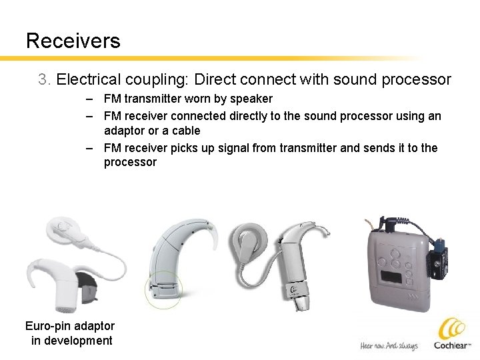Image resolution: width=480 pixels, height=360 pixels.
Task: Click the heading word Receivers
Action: click(x=73, y=41)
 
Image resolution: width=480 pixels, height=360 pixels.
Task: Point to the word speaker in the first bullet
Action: click(x=251, y=99)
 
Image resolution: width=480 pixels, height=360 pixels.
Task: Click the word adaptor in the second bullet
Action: click(x=125, y=131)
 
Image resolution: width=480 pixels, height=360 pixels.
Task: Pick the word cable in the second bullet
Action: click(x=185, y=131)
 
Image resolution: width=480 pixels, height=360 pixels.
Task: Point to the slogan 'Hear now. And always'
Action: click(x=389, y=345)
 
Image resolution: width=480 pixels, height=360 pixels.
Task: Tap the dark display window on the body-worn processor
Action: click(x=389, y=278)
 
